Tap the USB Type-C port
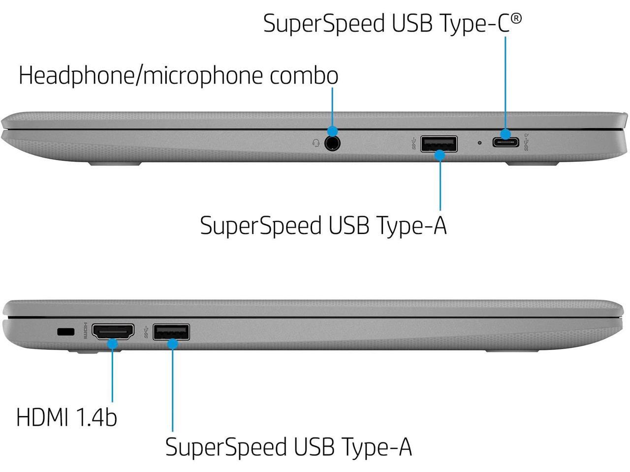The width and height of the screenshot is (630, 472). (x=505, y=143)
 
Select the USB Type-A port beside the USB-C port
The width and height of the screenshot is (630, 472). (x=439, y=144)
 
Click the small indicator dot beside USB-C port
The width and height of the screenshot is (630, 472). (x=480, y=143)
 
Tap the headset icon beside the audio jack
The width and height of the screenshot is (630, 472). (x=316, y=143)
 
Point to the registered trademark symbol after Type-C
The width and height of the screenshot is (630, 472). (x=516, y=19)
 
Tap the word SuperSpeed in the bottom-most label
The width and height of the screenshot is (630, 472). (x=226, y=447)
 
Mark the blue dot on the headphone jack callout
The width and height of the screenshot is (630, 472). (x=332, y=131)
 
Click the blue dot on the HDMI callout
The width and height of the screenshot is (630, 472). (x=113, y=343)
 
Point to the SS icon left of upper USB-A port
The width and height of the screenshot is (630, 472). (x=414, y=144)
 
